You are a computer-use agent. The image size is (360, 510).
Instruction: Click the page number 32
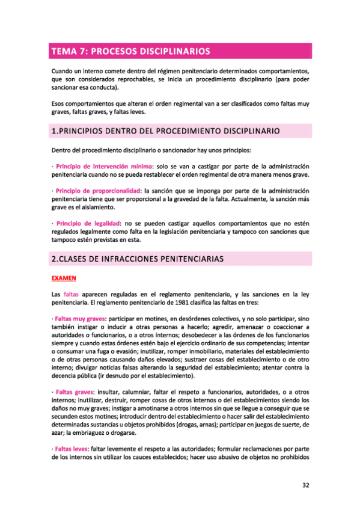coord(306,484)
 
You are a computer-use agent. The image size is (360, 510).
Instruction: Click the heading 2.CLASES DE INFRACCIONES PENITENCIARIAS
coord(138,259)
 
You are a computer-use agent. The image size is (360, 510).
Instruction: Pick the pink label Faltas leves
coord(72,449)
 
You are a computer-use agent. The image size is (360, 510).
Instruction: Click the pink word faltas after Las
coord(71,294)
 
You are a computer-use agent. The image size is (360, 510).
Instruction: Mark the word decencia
coord(67,376)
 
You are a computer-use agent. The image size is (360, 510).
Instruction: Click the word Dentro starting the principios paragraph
coord(61,150)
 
